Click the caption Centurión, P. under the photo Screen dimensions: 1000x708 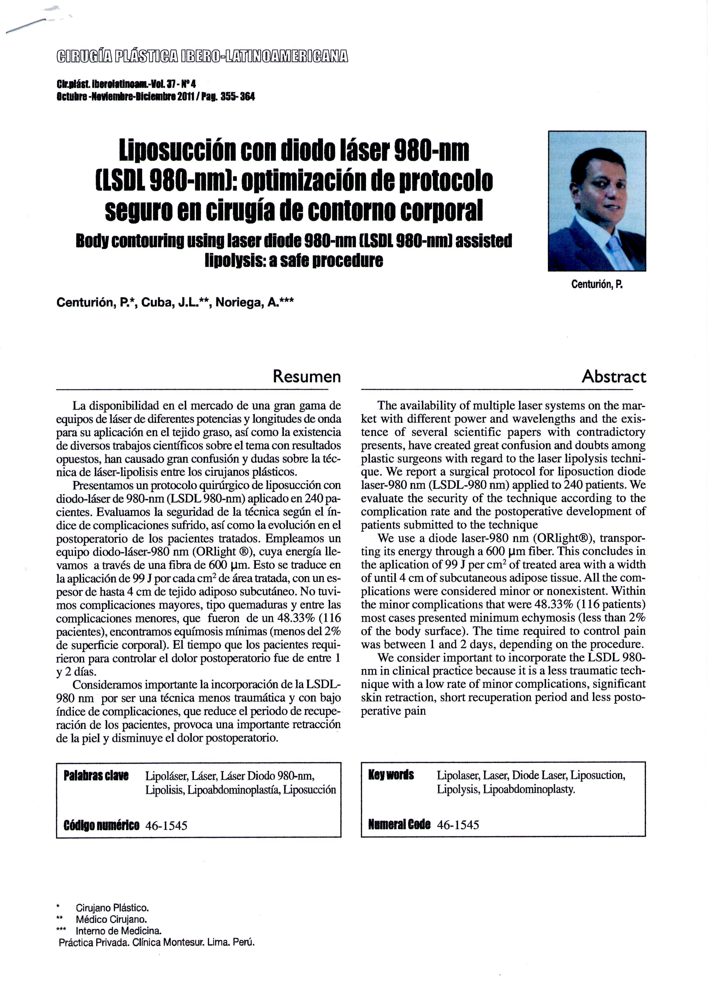click(x=597, y=285)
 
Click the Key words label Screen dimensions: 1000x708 click(x=391, y=775)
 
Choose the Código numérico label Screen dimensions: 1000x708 click(x=101, y=825)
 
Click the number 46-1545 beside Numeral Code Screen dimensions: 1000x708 click(x=458, y=824)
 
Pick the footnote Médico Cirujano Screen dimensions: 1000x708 click(x=111, y=919)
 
